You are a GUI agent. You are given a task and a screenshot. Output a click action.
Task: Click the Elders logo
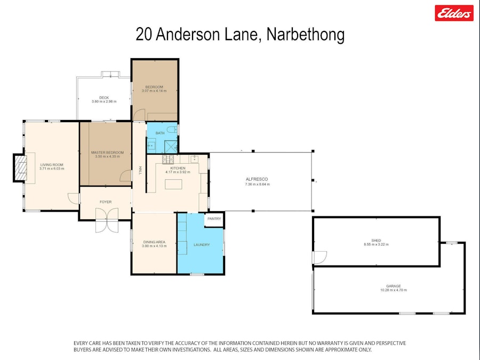pos(454,13)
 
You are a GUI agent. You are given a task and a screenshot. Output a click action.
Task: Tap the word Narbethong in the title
pos(306,34)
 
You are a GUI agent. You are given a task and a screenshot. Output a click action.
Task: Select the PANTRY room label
pos(214,219)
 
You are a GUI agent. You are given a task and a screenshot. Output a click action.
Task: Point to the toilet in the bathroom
pos(172,129)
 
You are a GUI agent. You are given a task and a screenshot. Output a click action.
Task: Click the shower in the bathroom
pos(171,147)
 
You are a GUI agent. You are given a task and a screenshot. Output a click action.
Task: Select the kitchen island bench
pos(173,185)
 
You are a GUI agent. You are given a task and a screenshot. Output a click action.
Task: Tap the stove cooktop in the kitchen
pos(168,159)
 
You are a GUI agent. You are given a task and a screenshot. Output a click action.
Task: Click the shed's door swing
pos(319,258)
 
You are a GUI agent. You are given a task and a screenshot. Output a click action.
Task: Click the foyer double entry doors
pos(107,220)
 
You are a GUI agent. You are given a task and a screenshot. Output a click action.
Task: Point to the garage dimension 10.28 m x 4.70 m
pos(394,290)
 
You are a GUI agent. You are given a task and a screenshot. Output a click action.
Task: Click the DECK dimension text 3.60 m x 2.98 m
pos(104,101)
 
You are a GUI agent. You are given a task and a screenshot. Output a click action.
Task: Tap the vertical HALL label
pos(140,170)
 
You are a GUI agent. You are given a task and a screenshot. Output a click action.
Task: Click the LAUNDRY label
pos(202,245)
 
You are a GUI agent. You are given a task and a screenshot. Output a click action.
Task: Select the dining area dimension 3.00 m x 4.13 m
pos(154,246)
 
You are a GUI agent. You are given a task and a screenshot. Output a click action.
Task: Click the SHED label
pos(376,241)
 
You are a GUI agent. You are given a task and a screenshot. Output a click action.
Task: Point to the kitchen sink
pos(194,158)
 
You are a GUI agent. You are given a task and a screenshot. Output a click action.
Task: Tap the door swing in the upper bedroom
pos(139,115)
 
